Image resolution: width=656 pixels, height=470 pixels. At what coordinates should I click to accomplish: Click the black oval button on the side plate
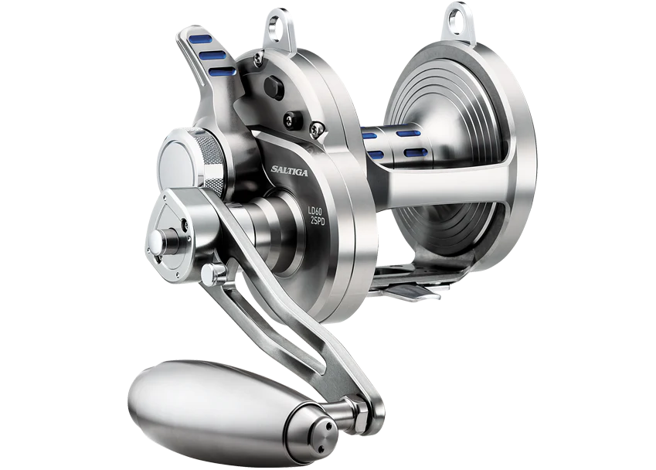273,87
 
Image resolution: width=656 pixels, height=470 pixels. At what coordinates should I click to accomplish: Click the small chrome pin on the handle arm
219,271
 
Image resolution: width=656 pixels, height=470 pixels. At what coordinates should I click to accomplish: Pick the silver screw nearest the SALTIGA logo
314,130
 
